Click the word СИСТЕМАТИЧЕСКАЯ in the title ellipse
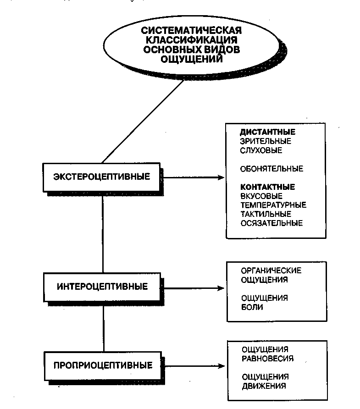(x=191, y=30)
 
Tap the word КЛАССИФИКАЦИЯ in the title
(x=192, y=40)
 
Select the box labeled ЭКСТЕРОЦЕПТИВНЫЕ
(x=101, y=177)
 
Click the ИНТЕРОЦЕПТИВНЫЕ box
(x=102, y=287)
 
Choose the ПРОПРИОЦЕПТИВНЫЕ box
(x=103, y=366)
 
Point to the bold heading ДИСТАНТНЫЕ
(x=268, y=132)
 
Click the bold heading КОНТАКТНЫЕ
(x=268, y=187)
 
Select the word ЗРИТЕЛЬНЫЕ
(x=266, y=141)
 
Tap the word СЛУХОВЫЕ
(x=261, y=150)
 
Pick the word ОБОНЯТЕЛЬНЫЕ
(x=271, y=169)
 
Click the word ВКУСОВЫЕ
(x=261, y=196)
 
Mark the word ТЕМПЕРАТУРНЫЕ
(x=273, y=205)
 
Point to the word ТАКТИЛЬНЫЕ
(x=266, y=214)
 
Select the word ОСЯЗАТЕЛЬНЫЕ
(x=271, y=223)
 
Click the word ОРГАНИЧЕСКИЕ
(x=271, y=271)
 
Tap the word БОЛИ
(x=252, y=307)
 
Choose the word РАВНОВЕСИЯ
(x=268, y=359)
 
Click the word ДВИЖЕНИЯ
(x=264, y=386)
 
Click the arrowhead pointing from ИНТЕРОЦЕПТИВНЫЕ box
(x=221, y=288)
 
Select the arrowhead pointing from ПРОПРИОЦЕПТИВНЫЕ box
(x=221, y=366)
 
